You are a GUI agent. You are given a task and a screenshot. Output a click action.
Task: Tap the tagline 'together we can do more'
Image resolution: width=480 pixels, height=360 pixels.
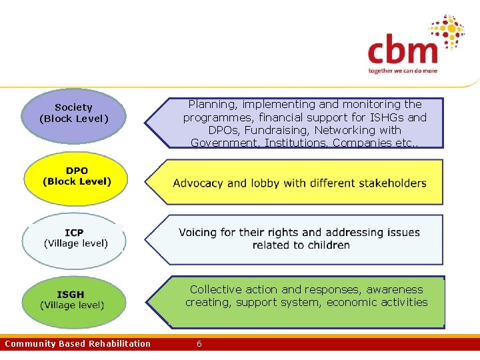403,71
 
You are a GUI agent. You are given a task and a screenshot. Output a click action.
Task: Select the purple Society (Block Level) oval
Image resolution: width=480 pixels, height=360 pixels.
74,116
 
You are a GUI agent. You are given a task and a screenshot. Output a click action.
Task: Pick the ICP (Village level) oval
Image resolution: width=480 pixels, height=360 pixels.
75,239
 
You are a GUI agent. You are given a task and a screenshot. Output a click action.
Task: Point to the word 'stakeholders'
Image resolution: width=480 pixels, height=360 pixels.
393,183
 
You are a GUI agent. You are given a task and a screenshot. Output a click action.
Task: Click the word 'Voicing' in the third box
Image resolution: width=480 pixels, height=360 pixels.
198,233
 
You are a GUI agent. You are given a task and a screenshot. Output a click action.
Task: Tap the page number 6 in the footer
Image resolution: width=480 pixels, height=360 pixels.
199,344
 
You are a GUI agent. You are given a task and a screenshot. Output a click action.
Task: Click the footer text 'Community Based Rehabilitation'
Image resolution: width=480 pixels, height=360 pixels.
77,344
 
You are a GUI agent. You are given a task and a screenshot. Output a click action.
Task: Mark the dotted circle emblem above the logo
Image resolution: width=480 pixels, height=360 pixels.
446,30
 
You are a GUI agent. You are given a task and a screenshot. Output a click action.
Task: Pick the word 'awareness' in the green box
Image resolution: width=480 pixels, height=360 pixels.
394,289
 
